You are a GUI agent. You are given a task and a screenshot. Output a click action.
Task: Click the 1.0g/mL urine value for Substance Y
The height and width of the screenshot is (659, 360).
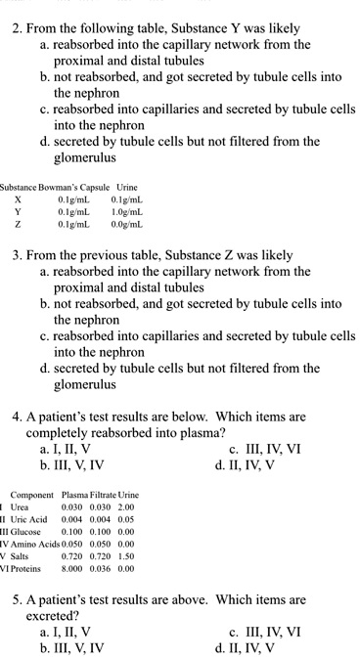click(x=130, y=209)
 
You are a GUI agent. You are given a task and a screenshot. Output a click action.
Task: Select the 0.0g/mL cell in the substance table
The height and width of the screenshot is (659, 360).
click(x=130, y=223)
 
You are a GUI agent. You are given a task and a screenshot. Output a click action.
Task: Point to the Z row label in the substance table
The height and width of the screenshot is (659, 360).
click(x=17, y=223)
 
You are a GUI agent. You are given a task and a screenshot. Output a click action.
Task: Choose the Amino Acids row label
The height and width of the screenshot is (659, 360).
click(x=35, y=551)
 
